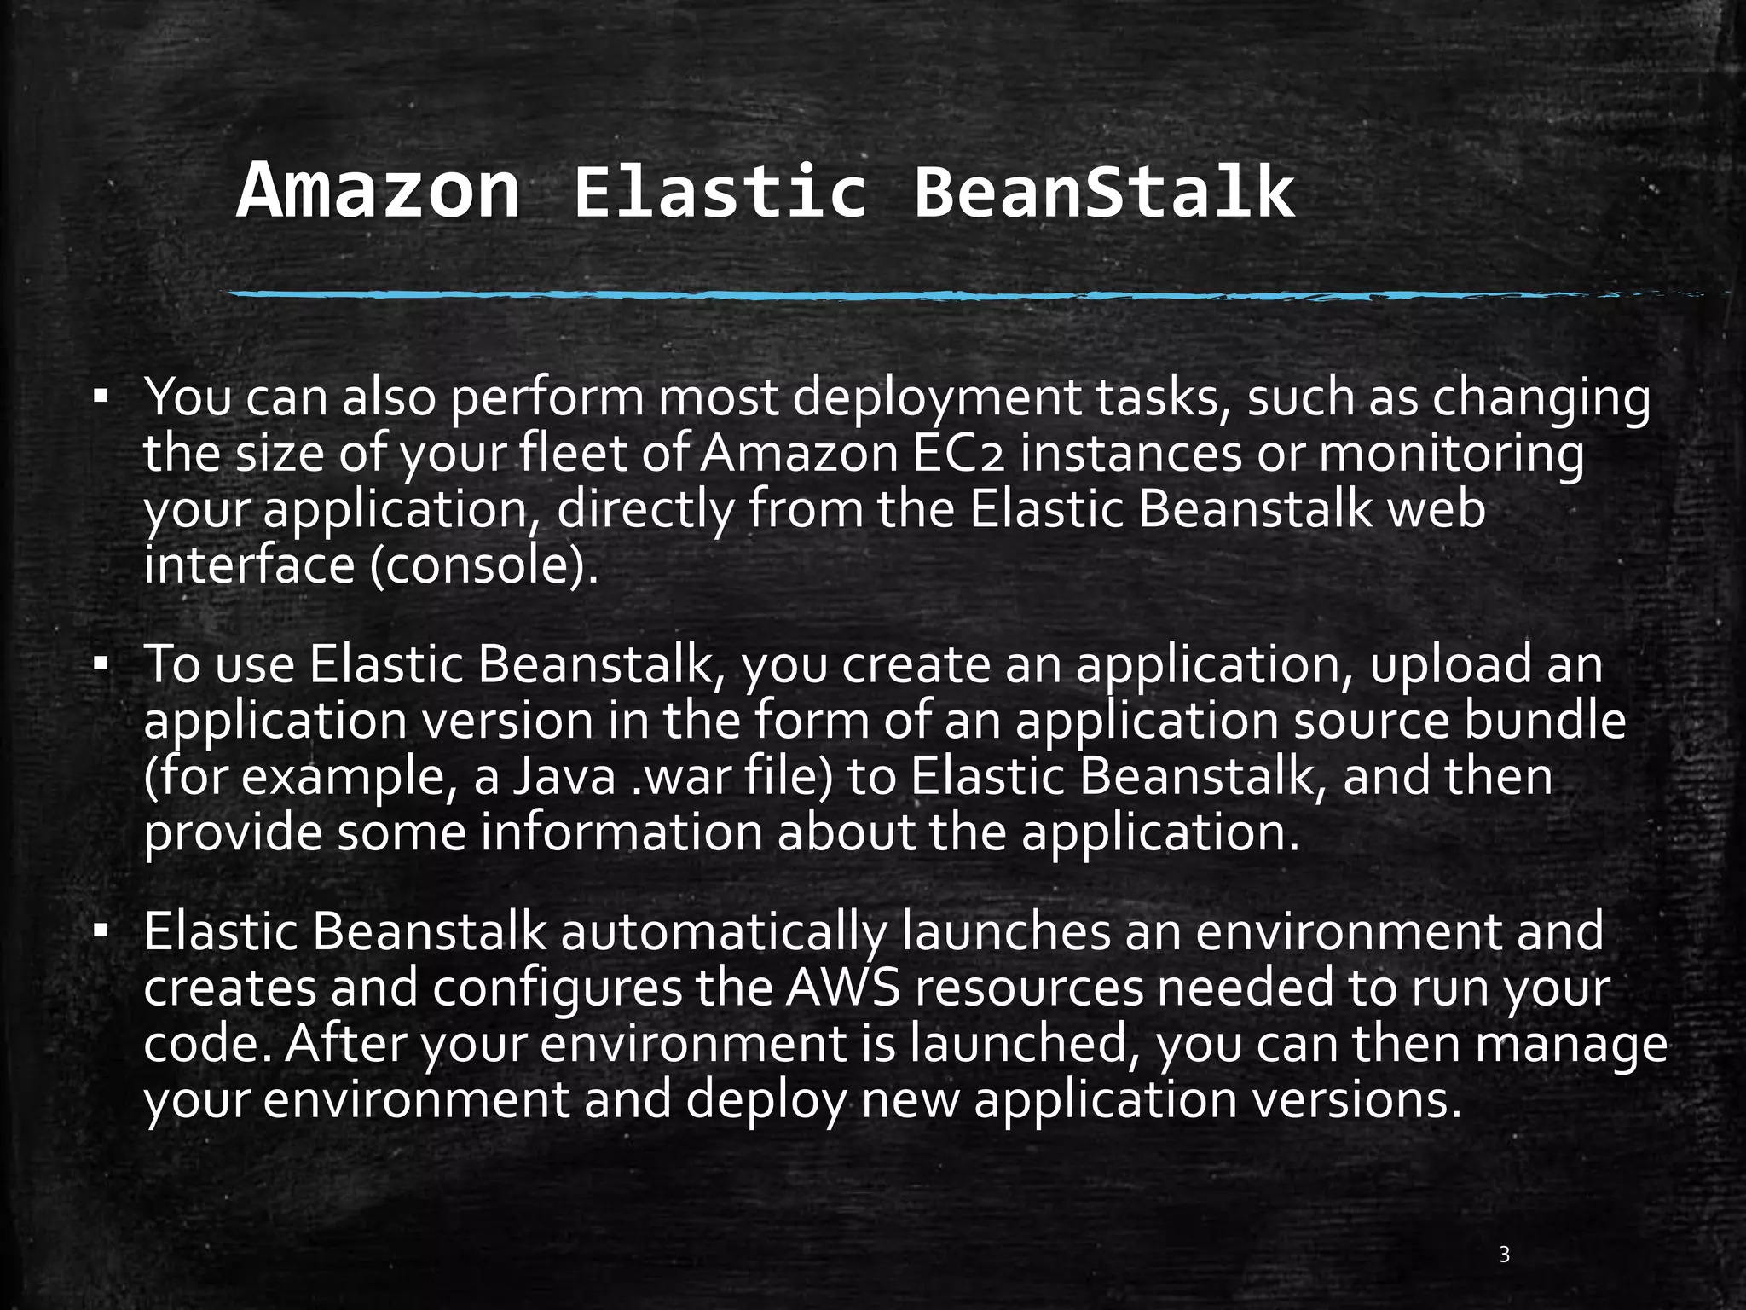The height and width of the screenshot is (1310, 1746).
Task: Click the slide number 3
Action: tap(1505, 1254)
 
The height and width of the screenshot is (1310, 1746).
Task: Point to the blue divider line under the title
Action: tap(853, 295)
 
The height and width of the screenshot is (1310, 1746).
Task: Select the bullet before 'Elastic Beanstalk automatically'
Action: tap(101, 930)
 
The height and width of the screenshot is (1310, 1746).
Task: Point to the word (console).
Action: tap(483, 565)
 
